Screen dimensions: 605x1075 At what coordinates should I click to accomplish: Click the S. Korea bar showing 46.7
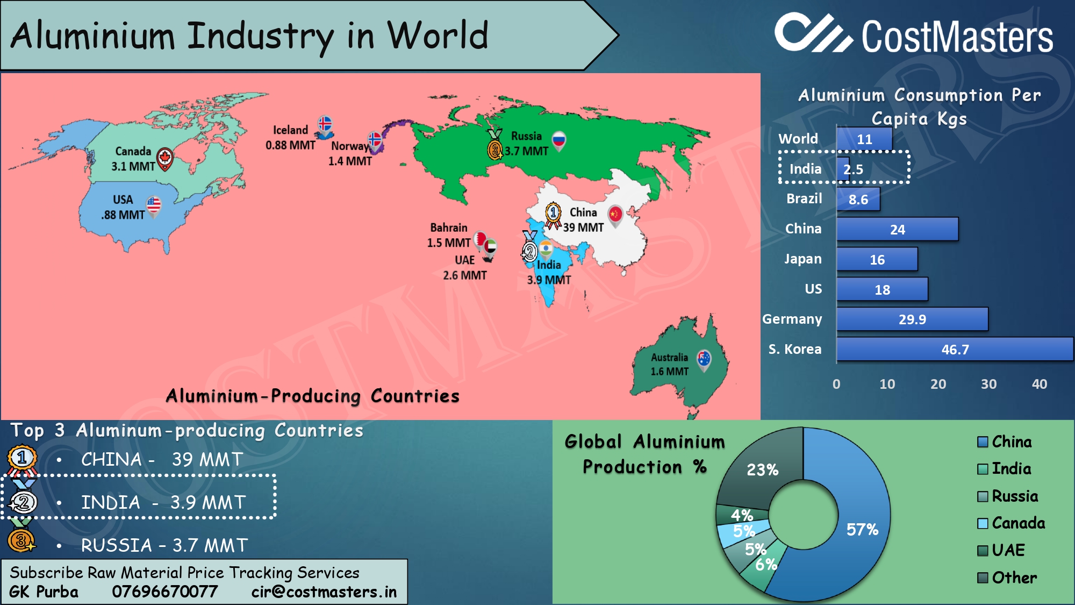[955, 350]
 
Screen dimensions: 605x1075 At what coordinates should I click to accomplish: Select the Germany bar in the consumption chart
[912, 319]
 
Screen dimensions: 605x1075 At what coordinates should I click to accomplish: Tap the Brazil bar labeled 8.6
[858, 200]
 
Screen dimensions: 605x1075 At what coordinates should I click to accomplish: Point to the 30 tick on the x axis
[988, 384]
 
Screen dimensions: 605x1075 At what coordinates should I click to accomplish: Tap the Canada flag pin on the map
[165, 159]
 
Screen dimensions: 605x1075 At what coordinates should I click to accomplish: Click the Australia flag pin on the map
[704, 359]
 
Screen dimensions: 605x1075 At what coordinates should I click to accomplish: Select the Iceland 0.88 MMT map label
[290, 138]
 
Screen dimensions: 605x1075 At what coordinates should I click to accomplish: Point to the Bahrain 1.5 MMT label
[448, 235]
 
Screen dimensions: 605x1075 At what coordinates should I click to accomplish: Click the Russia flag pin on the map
[559, 141]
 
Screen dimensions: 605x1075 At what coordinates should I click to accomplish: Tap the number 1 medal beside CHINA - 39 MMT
[22, 459]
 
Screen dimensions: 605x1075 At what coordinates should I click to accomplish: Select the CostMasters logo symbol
[813, 33]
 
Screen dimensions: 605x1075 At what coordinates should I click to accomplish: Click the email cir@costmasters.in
[324, 592]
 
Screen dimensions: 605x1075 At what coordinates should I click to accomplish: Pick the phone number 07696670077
[164, 592]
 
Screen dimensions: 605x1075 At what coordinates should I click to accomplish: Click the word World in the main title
[437, 35]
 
